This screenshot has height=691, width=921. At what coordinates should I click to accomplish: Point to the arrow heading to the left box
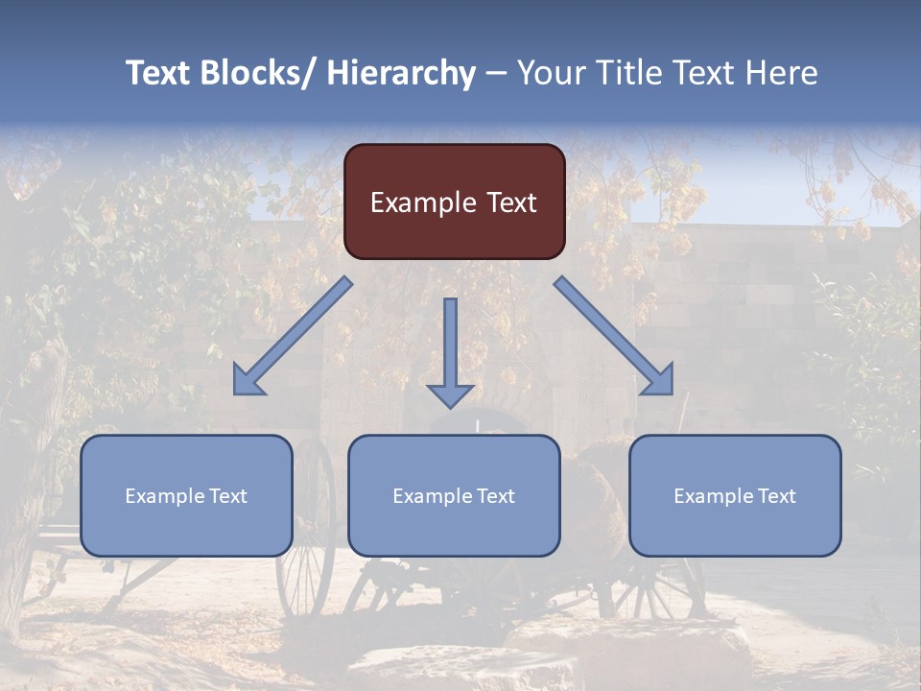[293, 336]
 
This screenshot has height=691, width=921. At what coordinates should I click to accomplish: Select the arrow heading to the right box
[614, 336]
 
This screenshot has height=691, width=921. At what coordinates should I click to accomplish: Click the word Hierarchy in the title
[401, 73]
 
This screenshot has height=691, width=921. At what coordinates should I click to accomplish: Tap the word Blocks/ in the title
[256, 73]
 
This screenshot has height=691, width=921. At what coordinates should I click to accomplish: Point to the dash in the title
[496, 73]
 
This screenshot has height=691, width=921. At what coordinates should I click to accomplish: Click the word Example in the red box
[423, 203]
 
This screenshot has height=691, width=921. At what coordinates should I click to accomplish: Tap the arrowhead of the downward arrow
[450, 395]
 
